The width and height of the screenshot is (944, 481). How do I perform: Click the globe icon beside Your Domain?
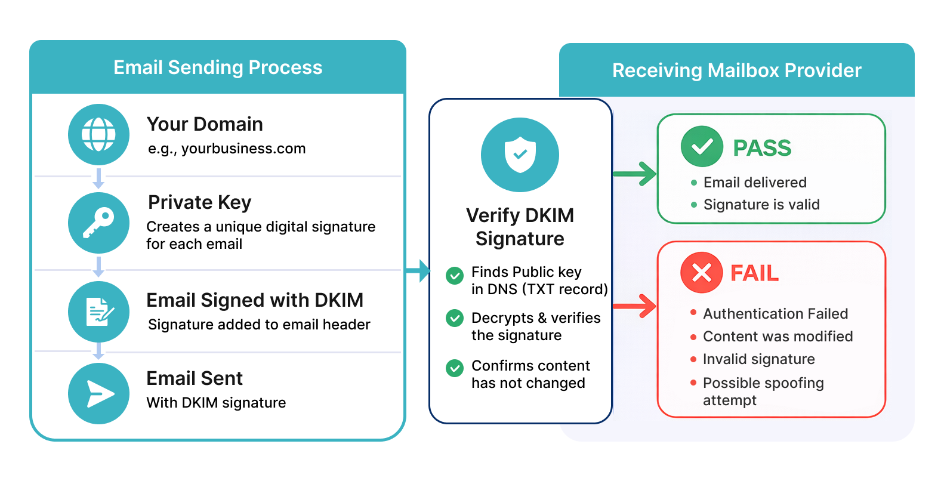pos(98,134)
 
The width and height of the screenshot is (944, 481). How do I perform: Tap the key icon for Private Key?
pos(98,223)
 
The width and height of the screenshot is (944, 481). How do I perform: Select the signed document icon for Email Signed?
pos(98,312)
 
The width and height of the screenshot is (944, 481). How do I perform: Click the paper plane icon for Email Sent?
pos(98,394)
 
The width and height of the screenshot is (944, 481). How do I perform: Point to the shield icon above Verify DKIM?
pos(520,155)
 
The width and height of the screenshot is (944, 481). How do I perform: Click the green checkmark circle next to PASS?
pos(702,146)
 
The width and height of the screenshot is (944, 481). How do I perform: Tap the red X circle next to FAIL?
pos(701,273)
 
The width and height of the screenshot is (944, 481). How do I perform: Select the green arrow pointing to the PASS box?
pos(636,174)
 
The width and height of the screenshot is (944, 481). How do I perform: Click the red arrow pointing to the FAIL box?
pos(636,306)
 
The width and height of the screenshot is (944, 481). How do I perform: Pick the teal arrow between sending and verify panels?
pos(419,271)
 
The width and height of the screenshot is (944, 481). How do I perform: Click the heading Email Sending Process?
pos(218,67)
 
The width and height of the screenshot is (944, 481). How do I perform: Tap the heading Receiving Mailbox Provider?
pos(736,70)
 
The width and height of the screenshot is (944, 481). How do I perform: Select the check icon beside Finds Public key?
pos(455,275)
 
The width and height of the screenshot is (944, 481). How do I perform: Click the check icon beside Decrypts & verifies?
pos(455,318)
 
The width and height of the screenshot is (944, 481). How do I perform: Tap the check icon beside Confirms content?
pos(455,368)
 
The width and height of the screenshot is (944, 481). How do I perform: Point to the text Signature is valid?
pos(761,205)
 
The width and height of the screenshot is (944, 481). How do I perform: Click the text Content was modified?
pos(778,337)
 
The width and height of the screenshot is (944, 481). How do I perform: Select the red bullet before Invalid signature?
pos(693,359)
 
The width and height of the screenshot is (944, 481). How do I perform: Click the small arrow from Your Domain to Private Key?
pos(99,178)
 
